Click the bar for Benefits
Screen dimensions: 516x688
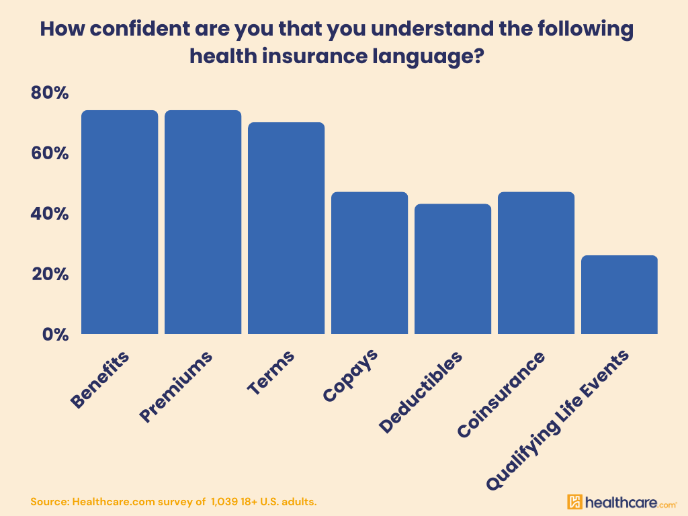pos(120,222)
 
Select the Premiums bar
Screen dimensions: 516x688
pos(203,222)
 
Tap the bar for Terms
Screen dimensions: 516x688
pos(286,228)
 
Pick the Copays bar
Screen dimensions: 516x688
pos(370,263)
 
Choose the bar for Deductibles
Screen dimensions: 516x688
pos(453,269)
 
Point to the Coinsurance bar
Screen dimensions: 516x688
pos(536,263)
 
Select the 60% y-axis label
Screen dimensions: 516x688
pos(50,153)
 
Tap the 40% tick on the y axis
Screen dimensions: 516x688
pos(50,214)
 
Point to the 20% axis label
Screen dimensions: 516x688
pos(50,274)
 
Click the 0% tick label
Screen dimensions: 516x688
pos(54,334)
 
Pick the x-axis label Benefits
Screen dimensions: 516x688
pos(101,379)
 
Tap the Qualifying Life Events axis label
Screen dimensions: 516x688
pos(560,417)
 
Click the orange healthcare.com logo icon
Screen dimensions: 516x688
pos(574,502)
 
